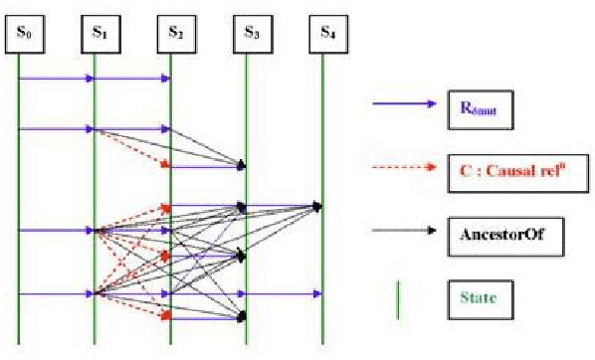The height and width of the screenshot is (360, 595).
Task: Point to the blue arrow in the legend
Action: pyautogui.click(x=403, y=103)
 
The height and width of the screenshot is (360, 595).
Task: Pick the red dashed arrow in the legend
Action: pyautogui.click(x=403, y=166)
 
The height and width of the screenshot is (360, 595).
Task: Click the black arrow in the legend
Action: pyautogui.click(x=403, y=230)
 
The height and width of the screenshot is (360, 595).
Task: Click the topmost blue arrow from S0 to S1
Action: pyautogui.click(x=56, y=78)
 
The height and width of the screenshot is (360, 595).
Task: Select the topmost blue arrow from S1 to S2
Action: pyautogui.click(x=132, y=78)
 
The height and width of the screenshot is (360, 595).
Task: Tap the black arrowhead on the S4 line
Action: pyautogui.click(x=318, y=206)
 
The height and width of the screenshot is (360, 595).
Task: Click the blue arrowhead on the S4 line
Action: pyautogui.click(x=318, y=293)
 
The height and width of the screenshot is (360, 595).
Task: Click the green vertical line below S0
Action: pyautogui.click(x=18, y=179)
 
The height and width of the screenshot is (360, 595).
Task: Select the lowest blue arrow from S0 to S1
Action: pyautogui.click(x=56, y=293)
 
